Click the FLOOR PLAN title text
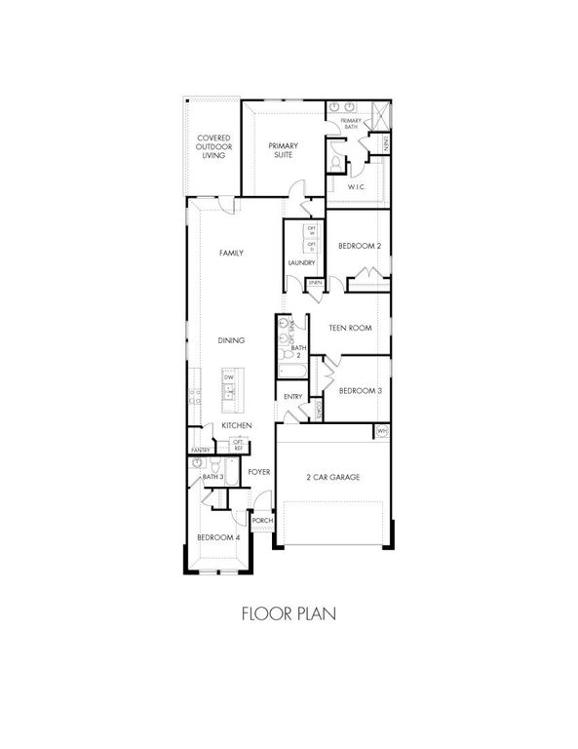[x=289, y=615]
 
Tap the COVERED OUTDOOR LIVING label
[x=214, y=147]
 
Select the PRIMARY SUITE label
[x=284, y=150]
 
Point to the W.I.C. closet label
[x=357, y=185]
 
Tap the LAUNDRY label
[x=299, y=262]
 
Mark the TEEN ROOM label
[x=351, y=329]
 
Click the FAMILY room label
[x=230, y=254]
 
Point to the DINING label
[x=231, y=340]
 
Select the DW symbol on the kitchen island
[x=229, y=377]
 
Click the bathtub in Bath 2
[x=289, y=371]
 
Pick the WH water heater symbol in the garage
[x=381, y=430]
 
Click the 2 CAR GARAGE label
[x=334, y=477]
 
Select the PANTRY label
[x=201, y=450]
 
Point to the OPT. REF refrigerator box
[x=237, y=445]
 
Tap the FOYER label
[x=258, y=471]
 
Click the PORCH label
[x=261, y=522]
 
